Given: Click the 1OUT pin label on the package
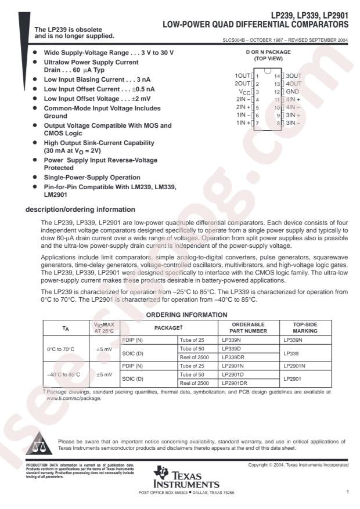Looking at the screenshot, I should pyautogui.click(x=242, y=76).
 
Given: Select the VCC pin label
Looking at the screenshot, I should pyautogui.click(x=243, y=92).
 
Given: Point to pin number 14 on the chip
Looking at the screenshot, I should pyautogui.click(x=278, y=76).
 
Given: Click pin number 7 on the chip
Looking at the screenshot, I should pyautogui.click(x=257, y=122).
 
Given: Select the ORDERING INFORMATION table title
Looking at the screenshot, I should pyautogui.click(x=185, y=314).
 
